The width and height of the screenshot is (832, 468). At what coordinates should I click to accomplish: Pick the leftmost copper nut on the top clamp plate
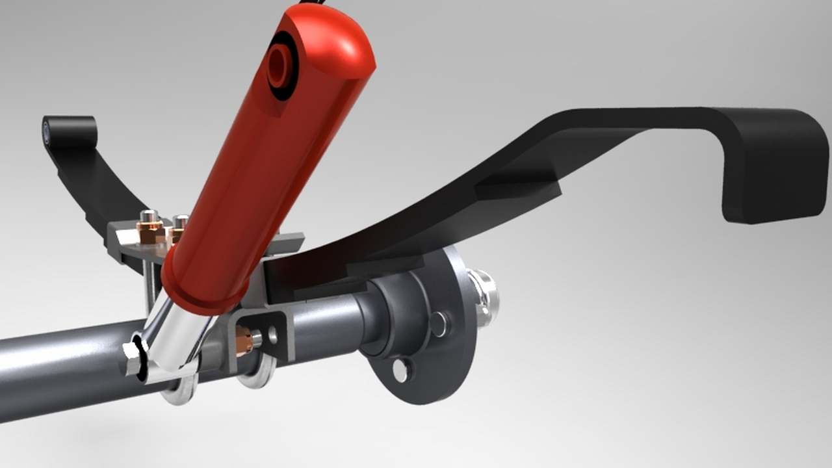pyautogui.click(x=149, y=231)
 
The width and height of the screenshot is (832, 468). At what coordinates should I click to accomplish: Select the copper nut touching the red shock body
pyautogui.click(x=174, y=234)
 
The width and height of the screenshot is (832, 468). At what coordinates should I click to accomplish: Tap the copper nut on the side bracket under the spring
pyautogui.click(x=244, y=341)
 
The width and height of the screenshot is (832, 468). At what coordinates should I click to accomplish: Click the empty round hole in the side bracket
pyautogui.click(x=272, y=335)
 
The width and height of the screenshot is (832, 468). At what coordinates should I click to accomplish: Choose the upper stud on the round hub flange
pyautogui.click(x=439, y=324)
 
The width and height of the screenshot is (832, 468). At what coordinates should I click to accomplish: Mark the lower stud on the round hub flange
pyautogui.click(x=402, y=370)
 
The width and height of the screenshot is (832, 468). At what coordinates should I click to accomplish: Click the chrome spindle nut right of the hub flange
pyautogui.click(x=484, y=299)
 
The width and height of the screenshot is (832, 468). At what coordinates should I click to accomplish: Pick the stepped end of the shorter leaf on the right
pyautogui.click(x=520, y=188)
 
